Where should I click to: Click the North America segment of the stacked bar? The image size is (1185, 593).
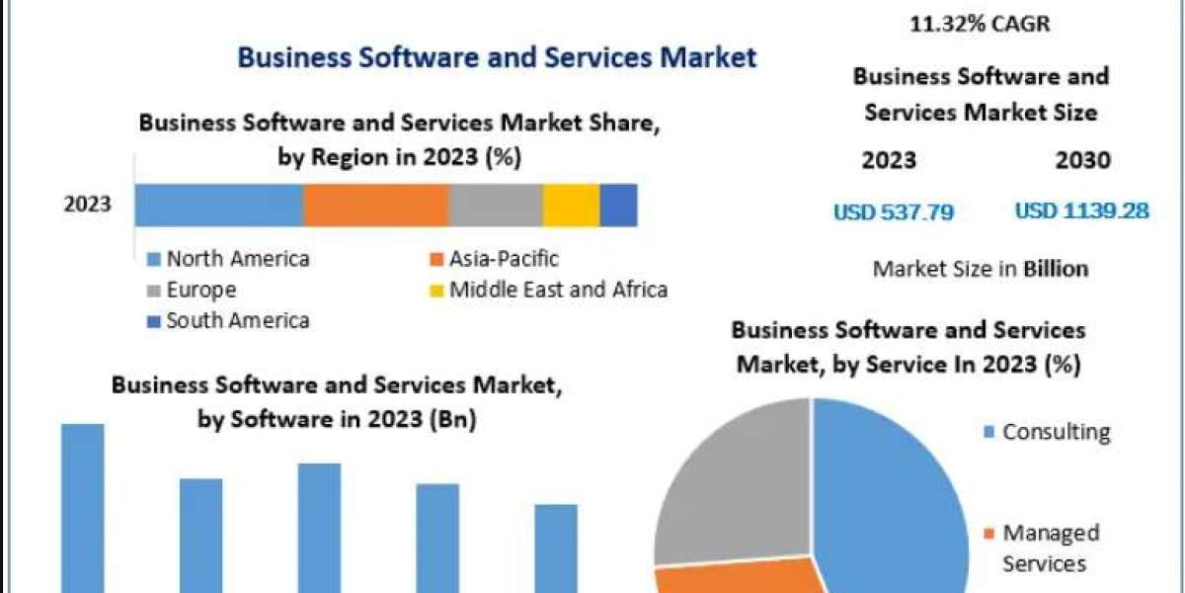(x=218, y=205)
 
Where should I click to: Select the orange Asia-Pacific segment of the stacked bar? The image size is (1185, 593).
(x=376, y=205)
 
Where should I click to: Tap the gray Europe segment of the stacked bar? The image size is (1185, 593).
(x=496, y=205)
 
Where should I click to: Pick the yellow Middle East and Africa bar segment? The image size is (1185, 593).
(x=571, y=205)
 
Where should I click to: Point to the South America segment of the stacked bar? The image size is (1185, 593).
(x=618, y=205)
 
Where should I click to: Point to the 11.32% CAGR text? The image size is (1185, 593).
(x=979, y=24)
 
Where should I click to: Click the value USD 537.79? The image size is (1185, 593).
(x=894, y=212)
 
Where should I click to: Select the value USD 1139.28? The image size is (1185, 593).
(x=1081, y=212)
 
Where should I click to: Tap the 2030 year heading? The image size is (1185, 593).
(x=1082, y=160)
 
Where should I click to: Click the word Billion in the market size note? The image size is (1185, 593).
(x=1056, y=268)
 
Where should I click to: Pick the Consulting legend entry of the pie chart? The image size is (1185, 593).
(x=1056, y=432)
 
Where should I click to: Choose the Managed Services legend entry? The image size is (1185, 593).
(x=1051, y=548)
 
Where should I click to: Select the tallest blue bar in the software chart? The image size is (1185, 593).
(x=83, y=508)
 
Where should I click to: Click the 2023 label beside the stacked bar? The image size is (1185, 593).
(x=88, y=205)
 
